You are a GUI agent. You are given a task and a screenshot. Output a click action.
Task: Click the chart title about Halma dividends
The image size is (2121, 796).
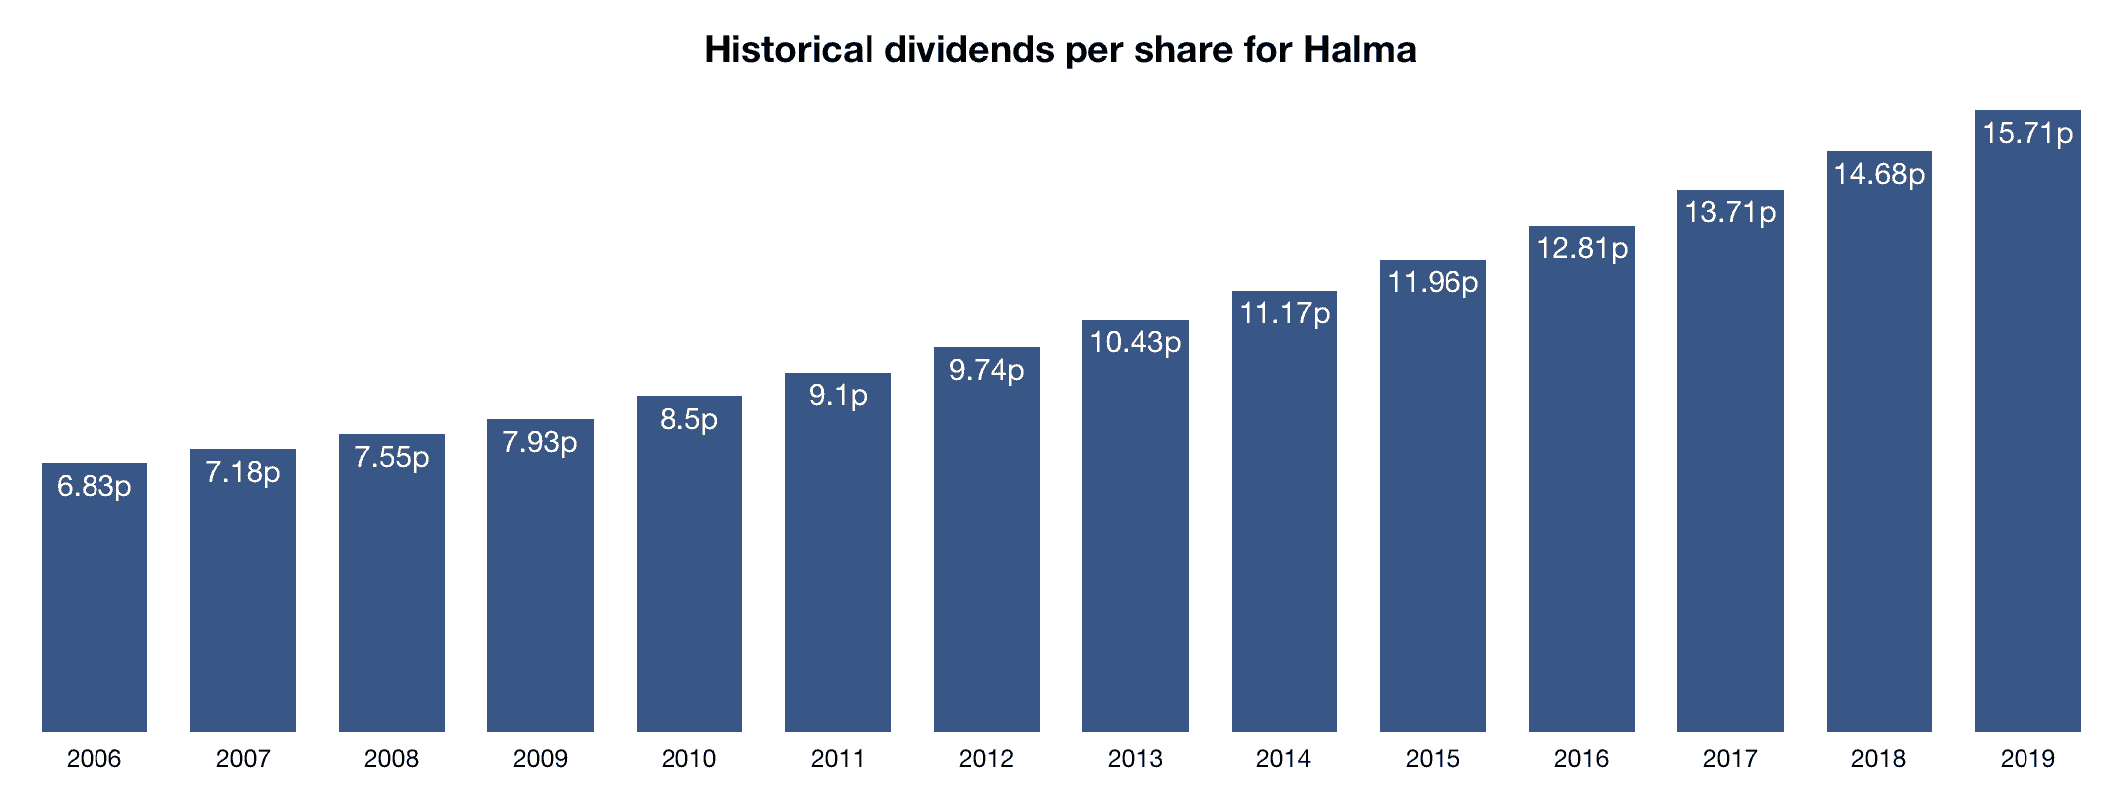[x=1060, y=50]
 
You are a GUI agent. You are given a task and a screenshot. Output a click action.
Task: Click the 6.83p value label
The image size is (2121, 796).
[x=95, y=486]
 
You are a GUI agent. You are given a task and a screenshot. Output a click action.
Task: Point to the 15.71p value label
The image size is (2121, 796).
[x=2027, y=133]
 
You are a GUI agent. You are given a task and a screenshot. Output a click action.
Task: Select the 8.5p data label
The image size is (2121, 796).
[x=688, y=419]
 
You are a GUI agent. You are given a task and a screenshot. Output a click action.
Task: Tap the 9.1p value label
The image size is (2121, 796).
[x=838, y=396]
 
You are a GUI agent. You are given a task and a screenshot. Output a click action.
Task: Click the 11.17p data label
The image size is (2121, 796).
[x=1284, y=314]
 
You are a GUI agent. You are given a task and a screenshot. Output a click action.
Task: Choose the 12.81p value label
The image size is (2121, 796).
[x=1582, y=248]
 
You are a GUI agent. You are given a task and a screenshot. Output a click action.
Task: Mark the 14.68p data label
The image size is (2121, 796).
[x=1879, y=175]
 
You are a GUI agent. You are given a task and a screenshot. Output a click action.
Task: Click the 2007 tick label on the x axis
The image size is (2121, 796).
[x=243, y=759]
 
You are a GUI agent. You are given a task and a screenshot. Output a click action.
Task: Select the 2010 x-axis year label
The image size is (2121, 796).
[x=688, y=759]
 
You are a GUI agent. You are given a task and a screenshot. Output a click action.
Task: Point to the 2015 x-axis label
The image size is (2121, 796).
[x=1433, y=759]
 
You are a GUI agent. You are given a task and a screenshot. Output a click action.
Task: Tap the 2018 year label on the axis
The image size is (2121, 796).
[x=1878, y=759]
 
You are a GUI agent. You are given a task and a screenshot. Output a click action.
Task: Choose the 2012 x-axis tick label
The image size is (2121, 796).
[x=986, y=759]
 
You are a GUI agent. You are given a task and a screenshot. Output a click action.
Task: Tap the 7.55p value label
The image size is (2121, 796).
[x=392, y=457]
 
